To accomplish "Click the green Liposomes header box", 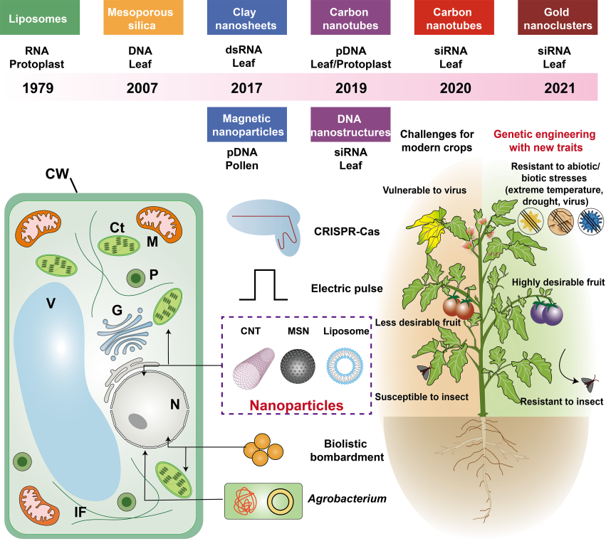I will click(39, 18).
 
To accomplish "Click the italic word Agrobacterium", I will click(347, 498).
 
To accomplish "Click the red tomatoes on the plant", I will click(458, 306).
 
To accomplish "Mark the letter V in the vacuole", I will click(51, 304).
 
